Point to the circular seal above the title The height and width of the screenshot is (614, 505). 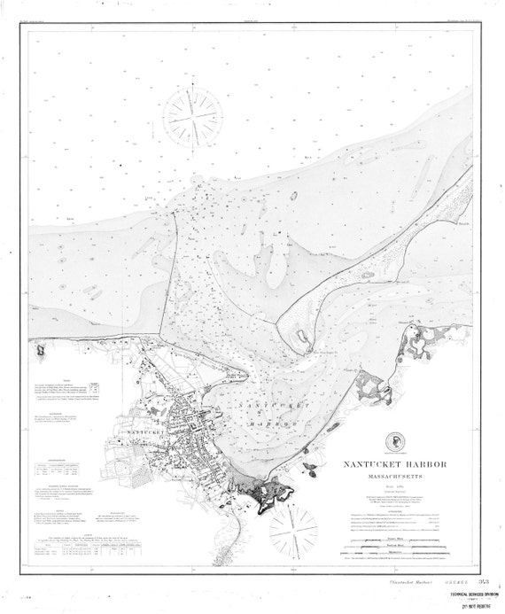pyautogui.click(x=393, y=443)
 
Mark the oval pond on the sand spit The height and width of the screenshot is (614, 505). pyautogui.click(x=301, y=338)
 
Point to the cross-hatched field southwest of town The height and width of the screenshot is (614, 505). pyautogui.click(x=106, y=470)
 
